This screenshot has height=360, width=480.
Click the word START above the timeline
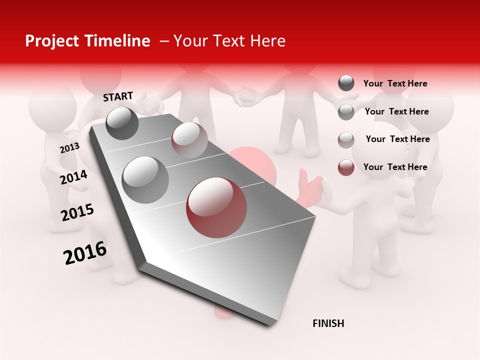tap(118, 96)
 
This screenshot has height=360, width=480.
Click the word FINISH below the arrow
tap(328, 323)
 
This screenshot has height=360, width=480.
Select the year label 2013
tap(69, 148)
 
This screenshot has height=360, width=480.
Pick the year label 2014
tap(74, 177)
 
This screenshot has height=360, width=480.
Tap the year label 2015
tap(77, 212)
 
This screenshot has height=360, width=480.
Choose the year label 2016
tap(85, 253)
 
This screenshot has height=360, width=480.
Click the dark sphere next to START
tap(122, 123)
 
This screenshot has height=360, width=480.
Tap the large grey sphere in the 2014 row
tap(145, 179)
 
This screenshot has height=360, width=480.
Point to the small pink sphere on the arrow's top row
tap(189, 140)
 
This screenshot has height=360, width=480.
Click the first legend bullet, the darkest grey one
tap(346, 83)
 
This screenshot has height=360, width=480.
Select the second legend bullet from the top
tap(346, 112)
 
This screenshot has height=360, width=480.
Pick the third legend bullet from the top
tap(346, 140)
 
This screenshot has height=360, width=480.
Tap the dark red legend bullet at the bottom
tap(346, 167)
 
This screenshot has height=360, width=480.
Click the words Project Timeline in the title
tap(87, 41)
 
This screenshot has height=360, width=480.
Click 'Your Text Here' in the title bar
tap(229, 41)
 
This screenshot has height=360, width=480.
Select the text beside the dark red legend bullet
tap(395, 167)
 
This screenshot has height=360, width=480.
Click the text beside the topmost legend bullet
tap(395, 83)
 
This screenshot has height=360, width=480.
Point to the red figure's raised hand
tap(306, 185)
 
